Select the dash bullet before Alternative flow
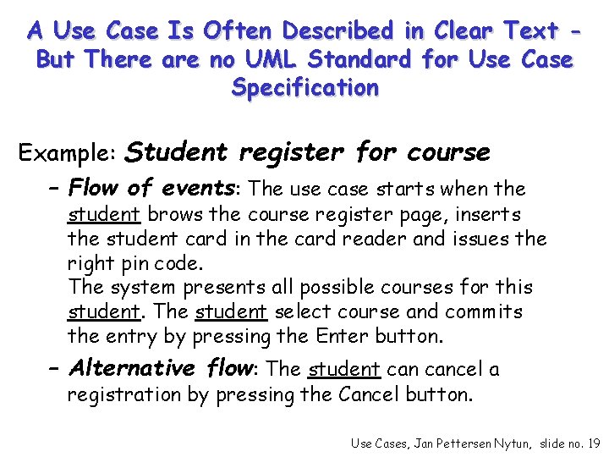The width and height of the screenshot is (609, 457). click(55, 368)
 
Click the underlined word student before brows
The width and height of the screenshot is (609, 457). click(93, 215)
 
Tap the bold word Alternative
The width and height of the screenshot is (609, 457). click(131, 368)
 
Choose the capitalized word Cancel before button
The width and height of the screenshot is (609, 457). click(369, 394)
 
